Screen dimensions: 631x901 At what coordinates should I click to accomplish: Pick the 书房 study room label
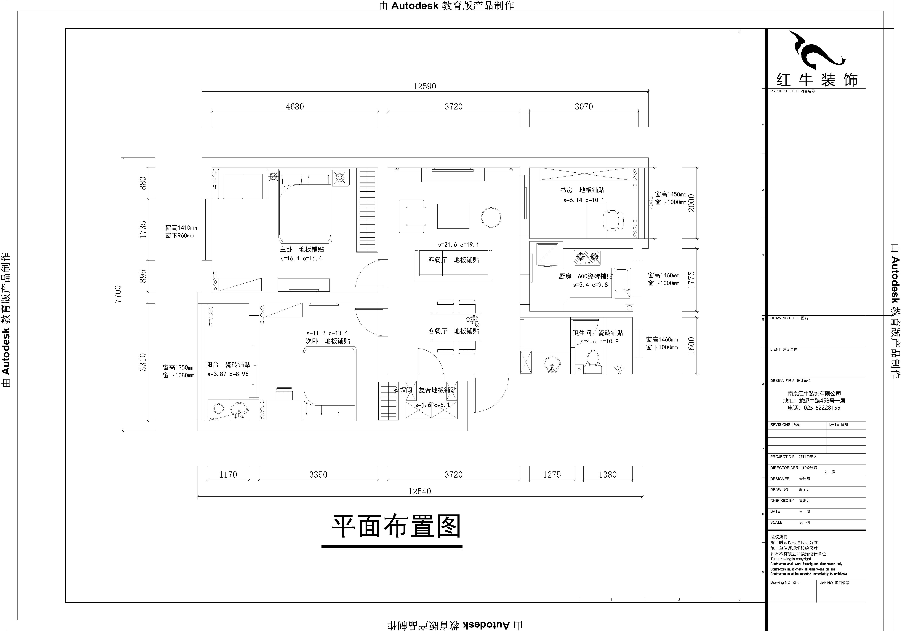[x=566, y=190]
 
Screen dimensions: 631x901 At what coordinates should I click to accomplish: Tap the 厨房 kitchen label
[x=565, y=276]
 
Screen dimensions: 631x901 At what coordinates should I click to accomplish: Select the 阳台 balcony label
[x=212, y=365]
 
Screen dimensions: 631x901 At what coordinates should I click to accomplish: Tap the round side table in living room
[x=491, y=217]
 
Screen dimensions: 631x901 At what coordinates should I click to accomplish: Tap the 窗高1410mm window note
[x=181, y=228]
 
